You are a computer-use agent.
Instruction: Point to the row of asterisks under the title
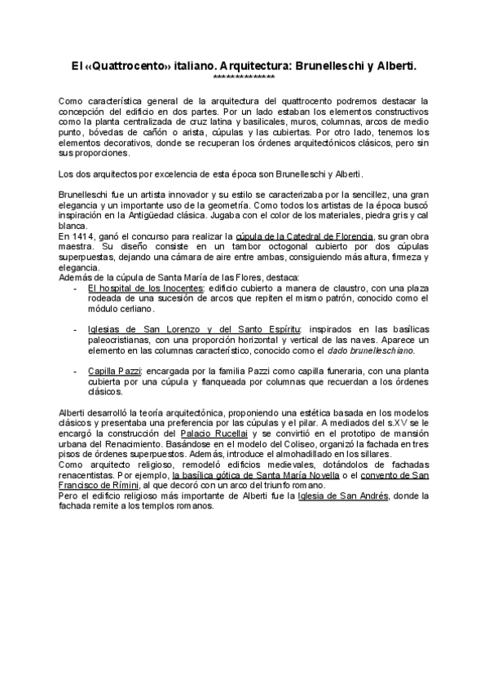[x=244, y=77]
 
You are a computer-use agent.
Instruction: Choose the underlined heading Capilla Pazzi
[x=113, y=371]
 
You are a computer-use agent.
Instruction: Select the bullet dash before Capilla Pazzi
[x=76, y=371]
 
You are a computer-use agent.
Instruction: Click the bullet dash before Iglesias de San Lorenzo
[x=76, y=329]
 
